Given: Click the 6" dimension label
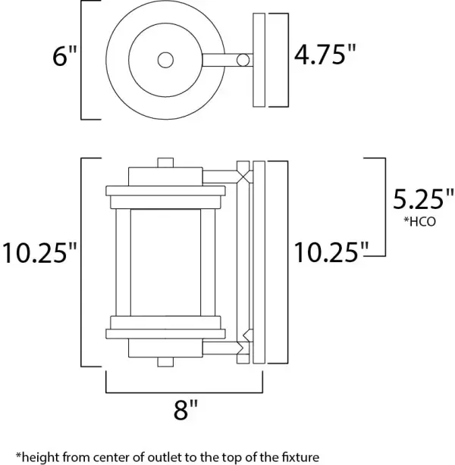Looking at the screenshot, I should pyautogui.click(x=62, y=58).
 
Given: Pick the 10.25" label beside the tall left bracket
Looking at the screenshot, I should pyautogui.click(x=39, y=251).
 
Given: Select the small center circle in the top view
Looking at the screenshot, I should pyautogui.click(x=165, y=60).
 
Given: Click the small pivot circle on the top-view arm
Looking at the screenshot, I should pyautogui.click(x=243, y=60).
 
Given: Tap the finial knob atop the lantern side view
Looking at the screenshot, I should pyautogui.click(x=165, y=162).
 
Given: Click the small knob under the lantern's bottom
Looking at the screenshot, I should pyautogui.click(x=165, y=362).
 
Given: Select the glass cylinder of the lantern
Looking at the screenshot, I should pyautogui.click(x=165, y=261).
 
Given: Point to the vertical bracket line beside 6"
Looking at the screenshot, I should pyautogui.click(x=82, y=61).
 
